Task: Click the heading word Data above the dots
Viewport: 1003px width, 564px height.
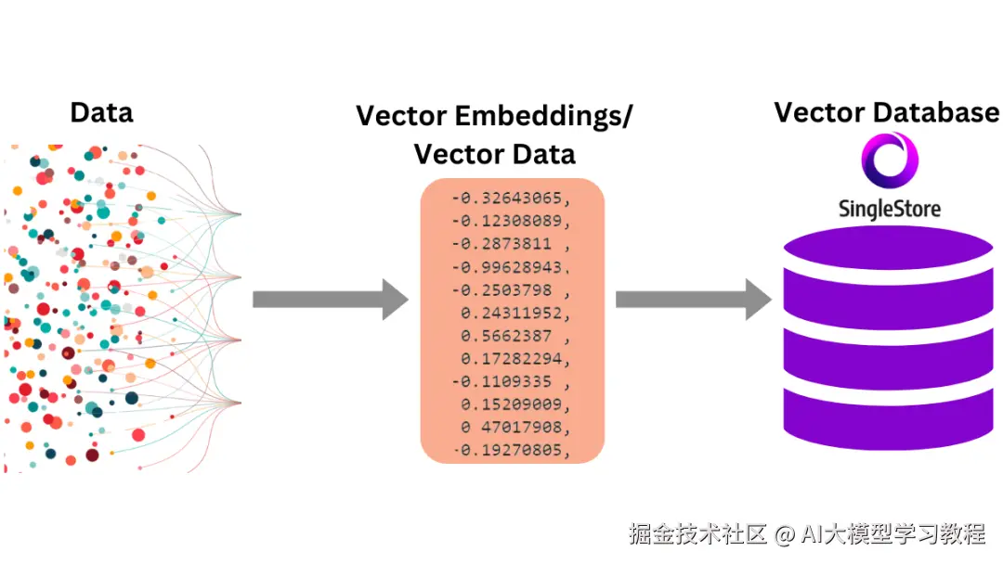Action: pos(102,112)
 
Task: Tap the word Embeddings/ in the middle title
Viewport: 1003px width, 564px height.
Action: pos(543,116)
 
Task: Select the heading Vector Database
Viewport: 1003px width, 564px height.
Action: pos(887,112)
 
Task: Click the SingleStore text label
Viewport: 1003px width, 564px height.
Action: pos(889,209)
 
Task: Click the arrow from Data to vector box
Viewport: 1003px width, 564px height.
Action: pos(330,299)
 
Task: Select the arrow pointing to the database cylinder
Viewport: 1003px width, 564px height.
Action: pos(694,299)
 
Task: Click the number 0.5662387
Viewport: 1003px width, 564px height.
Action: pos(506,336)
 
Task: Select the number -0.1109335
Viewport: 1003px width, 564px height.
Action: pos(501,382)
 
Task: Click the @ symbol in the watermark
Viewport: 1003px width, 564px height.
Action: pos(784,534)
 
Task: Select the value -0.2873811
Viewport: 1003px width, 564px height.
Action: pos(501,244)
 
